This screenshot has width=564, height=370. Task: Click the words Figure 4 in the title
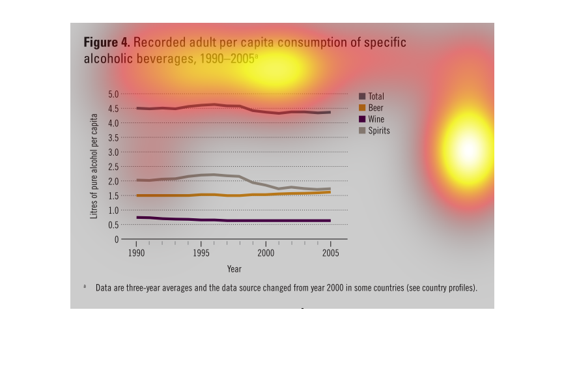pyautogui.click(x=106, y=43)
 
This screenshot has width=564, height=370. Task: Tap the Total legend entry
pyautogui.click(x=376, y=96)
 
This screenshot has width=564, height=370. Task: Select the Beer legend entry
pyautogui.click(x=375, y=107)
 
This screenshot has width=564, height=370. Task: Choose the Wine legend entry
pyautogui.click(x=376, y=119)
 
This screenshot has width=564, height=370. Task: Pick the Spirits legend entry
pyautogui.click(x=378, y=131)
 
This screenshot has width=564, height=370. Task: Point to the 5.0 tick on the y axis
pyautogui.click(x=113, y=94)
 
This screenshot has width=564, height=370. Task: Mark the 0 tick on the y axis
pyautogui.click(x=117, y=239)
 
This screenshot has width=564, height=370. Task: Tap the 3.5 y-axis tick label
pyautogui.click(x=113, y=137)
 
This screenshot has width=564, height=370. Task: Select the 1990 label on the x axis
pyautogui.click(x=137, y=252)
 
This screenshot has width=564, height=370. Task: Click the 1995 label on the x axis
pyautogui.click(x=201, y=252)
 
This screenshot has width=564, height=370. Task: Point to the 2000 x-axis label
pyautogui.click(x=266, y=252)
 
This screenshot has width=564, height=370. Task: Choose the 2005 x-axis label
pyautogui.click(x=330, y=252)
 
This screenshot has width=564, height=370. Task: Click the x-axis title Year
pyautogui.click(x=234, y=268)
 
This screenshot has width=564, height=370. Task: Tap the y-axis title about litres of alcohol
pyautogui.click(x=94, y=167)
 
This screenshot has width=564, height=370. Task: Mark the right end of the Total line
pyautogui.click(x=330, y=112)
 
